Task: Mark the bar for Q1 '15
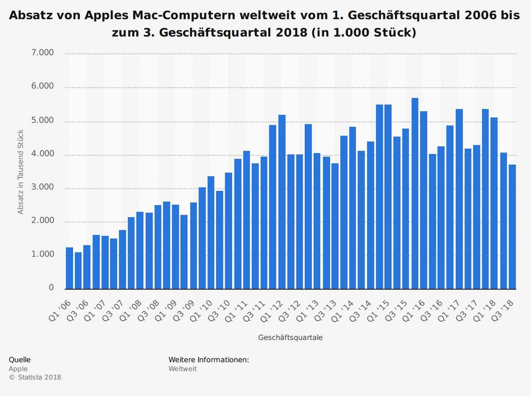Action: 379,196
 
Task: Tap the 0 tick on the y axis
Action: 52,288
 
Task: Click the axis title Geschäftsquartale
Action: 290,337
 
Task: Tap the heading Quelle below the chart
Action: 20,359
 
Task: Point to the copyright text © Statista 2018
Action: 35,377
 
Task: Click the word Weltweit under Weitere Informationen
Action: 183,368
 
